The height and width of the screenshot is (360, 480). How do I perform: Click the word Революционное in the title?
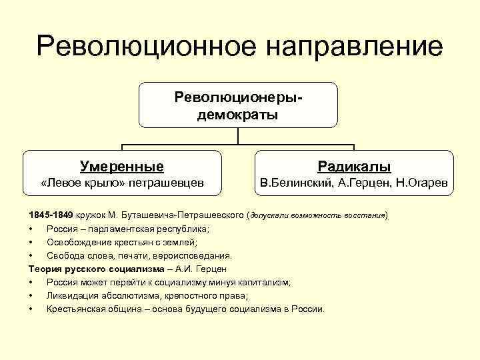point(137,47)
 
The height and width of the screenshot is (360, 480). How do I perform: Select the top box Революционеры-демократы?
point(238,105)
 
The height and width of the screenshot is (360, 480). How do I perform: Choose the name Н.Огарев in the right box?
point(422,183)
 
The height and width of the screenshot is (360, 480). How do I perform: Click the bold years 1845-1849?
point(51,216)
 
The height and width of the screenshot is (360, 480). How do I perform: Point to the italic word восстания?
point(365,216)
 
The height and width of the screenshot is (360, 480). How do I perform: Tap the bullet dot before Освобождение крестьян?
point(31,242)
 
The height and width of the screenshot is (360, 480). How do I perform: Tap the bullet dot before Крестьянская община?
point(31,309)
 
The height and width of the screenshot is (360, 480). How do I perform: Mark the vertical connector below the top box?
point(238,136)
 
